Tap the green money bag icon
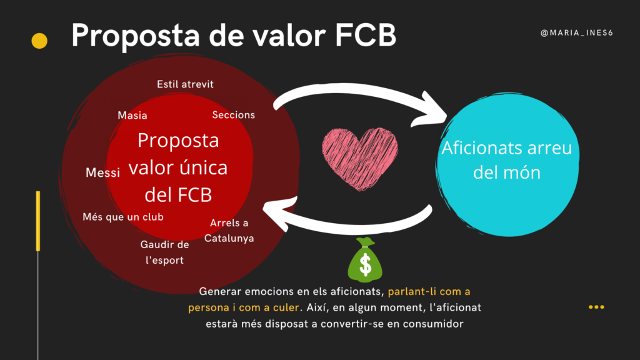(364, 260)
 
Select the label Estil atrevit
(185, 84)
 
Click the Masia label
(132, 115)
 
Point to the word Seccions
(234, 115)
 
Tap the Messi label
(102, 172)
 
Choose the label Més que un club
(123, 217)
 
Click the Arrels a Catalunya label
(229, 231)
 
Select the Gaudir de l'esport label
(164, 252)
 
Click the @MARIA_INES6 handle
(576, 32)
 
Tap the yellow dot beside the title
(39, 41)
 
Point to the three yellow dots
(596, 307)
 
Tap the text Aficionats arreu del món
(506, 160)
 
